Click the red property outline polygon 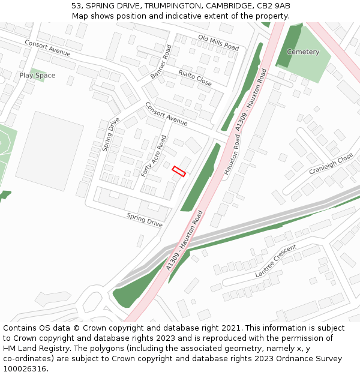179,171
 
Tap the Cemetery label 303,52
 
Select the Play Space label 37,76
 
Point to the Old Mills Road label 218,43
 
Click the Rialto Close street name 195,77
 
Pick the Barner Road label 161,62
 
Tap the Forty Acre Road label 154,156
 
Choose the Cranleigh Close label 331,164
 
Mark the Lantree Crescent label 275,261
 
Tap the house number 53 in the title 77,6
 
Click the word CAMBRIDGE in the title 230,6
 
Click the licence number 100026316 25,368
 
